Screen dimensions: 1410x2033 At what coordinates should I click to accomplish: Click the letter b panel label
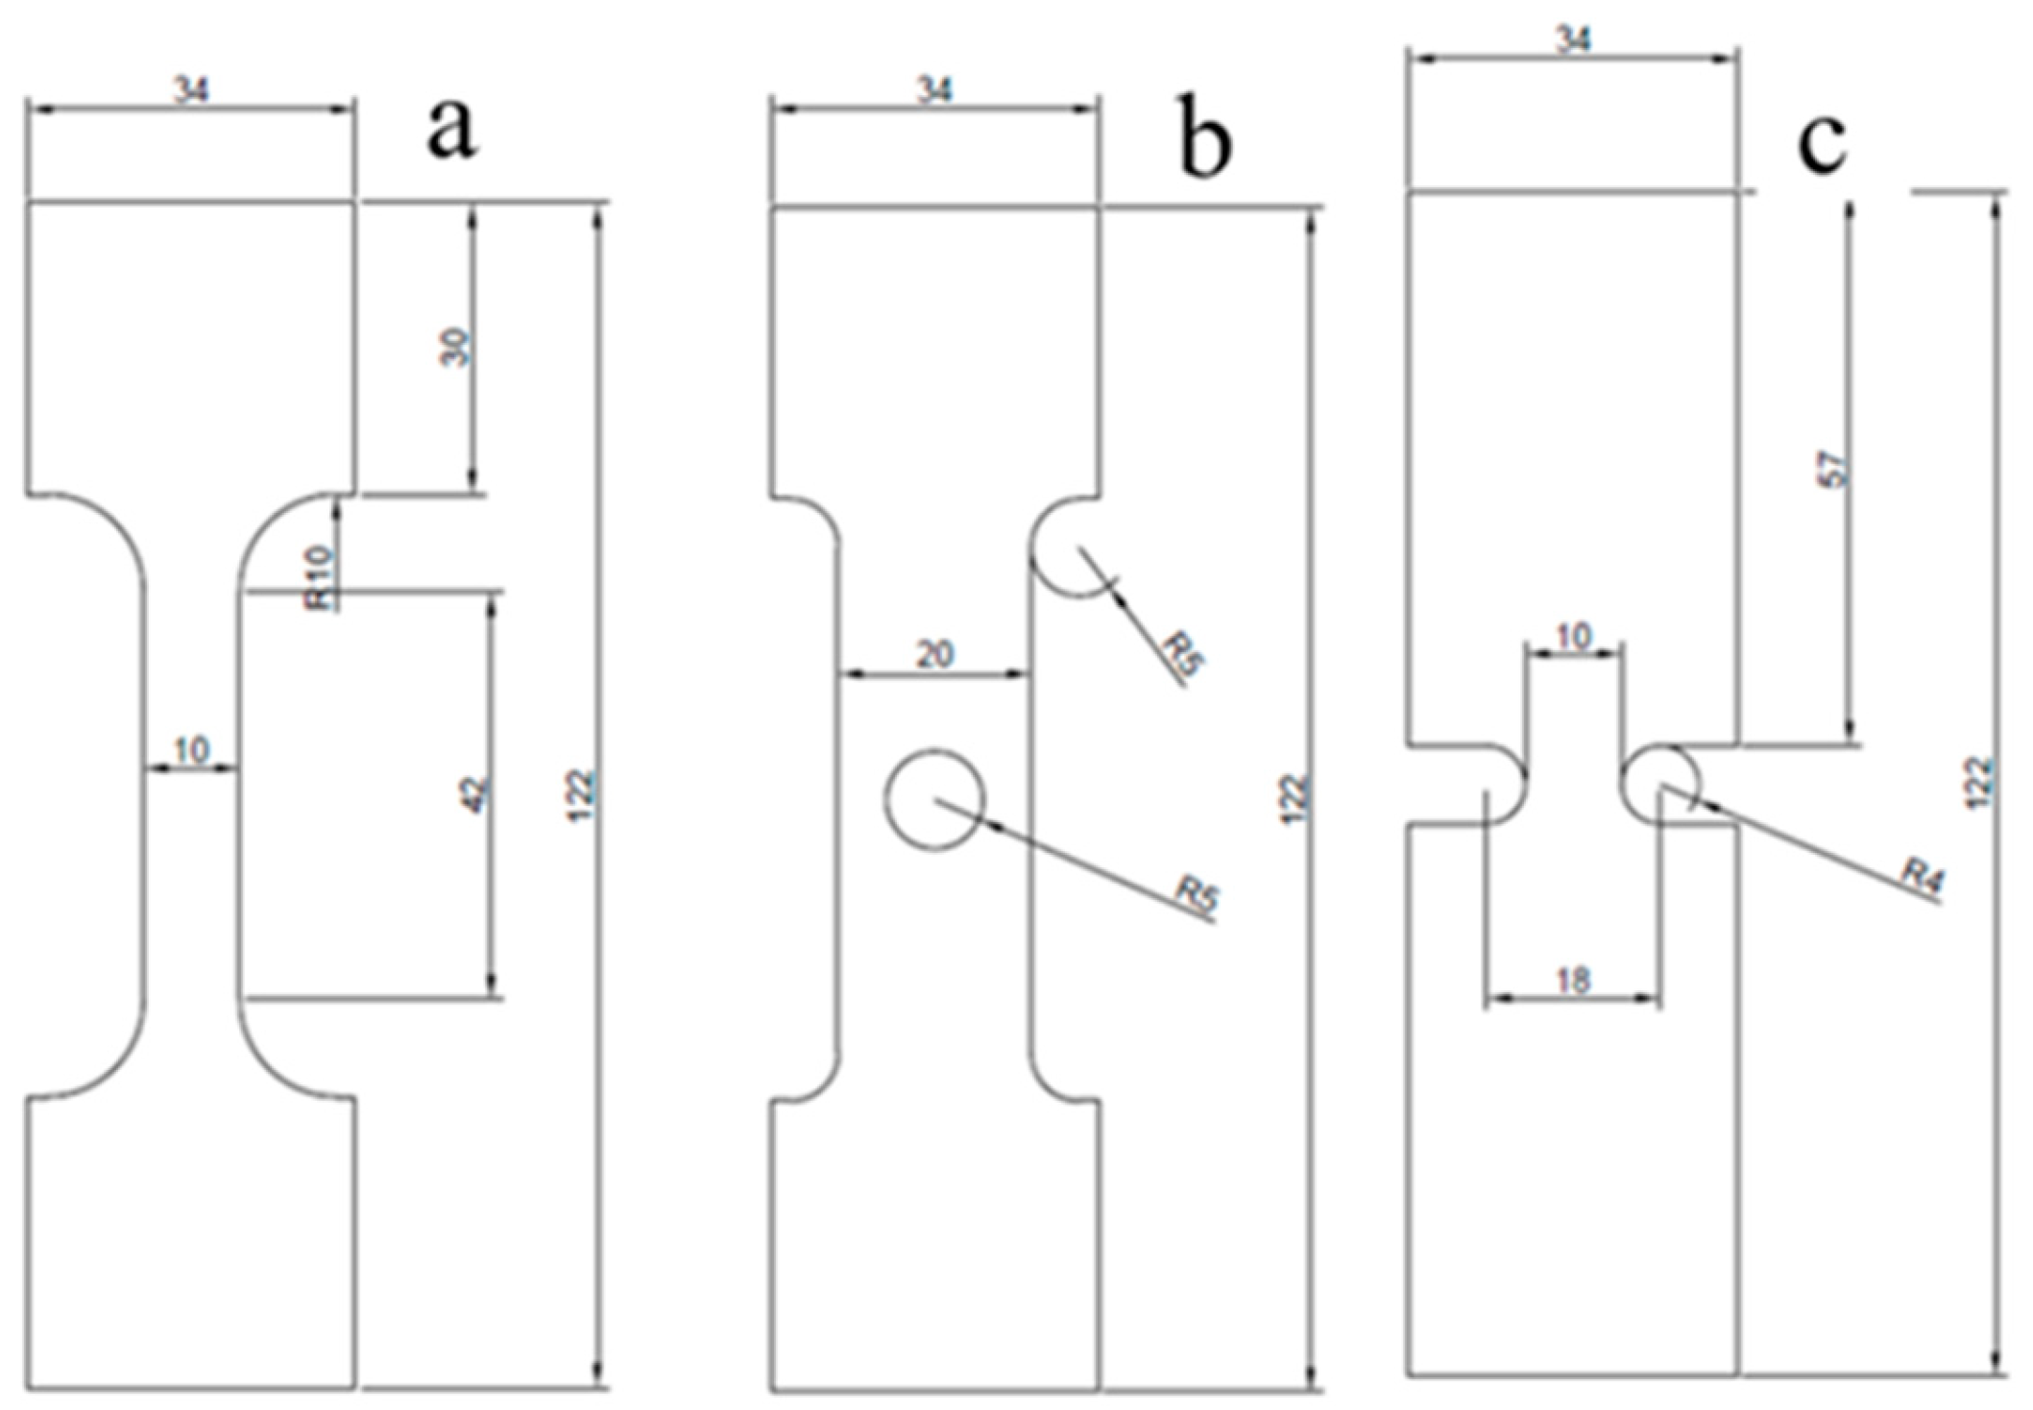(x=1204, y=144)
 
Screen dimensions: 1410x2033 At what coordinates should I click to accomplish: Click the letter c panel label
(x=1822, y=145)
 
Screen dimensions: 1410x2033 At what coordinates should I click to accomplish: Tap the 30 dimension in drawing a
(x=458, y=347)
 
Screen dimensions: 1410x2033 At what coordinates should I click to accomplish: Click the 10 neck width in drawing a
(x=192, y=750)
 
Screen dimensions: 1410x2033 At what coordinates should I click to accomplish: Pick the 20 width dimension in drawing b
(x=934, y=654)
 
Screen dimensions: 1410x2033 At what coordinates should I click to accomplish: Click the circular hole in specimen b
(x=934, y=800)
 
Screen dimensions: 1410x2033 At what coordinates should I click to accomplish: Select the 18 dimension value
(x=1572, y=980)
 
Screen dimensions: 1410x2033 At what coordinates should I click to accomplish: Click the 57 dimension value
(x=1834, y=469)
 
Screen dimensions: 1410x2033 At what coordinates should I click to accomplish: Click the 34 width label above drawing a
(x=191, y=90)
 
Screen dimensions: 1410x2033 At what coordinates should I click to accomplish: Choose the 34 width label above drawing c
(x=1572, y=39)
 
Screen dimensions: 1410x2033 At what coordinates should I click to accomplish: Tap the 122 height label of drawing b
(x=1295, y=796)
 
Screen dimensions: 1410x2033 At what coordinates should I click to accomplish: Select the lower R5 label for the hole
(x=1198, y=895)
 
